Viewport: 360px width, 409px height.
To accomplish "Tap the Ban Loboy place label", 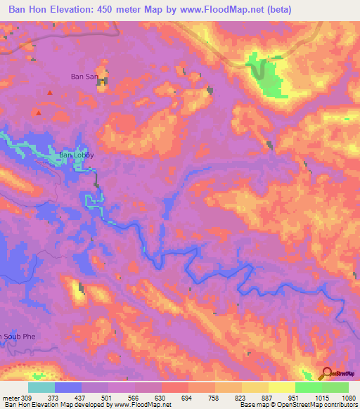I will pos(75,155).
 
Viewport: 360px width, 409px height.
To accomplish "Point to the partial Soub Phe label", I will pos(16,337).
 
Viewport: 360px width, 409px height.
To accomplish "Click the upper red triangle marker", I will pos(49,93).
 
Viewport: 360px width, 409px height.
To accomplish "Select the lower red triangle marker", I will pos(39,112).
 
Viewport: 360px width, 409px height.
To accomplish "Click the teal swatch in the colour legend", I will pos(41,387).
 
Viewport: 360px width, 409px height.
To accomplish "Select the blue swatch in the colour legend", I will pos(68,387).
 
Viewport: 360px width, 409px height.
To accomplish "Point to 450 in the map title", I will pos(101,10).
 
